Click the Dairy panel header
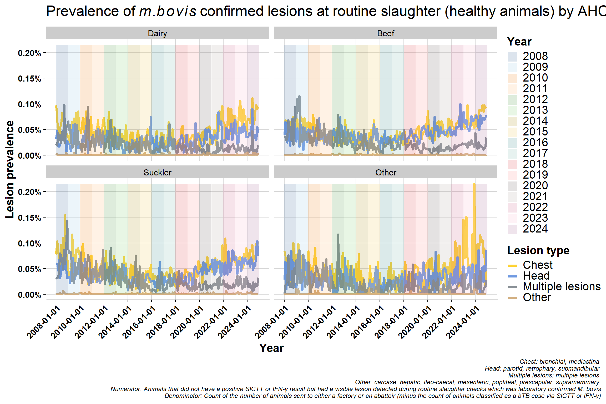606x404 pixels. click(157, 33)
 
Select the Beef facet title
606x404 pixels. click(386, 33)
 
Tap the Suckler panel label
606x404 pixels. click(157, 173)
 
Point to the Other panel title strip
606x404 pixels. click(386, 173)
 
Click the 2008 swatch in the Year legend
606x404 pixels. click(513, 57)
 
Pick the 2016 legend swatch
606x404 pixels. click(513, 143)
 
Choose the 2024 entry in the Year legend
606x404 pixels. click(535, 229)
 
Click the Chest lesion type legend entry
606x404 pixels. click(538, 265)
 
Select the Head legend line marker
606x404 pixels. click(513, 276)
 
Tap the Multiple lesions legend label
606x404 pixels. click(562, 286)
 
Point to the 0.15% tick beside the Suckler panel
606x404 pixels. click(29, 218)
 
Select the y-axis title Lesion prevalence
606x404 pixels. click(10, 169)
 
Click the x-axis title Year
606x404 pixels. click(271, 348)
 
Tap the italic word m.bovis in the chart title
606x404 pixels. click(168, 11)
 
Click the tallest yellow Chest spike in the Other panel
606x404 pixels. click(474, 184)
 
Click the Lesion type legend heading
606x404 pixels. click(538, 250)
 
